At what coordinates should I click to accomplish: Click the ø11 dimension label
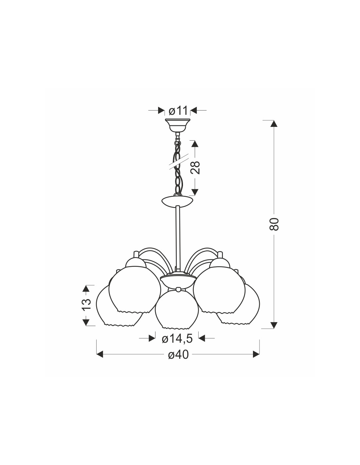(178, 111)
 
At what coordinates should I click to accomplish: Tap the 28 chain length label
(195, 168)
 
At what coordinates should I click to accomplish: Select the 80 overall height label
(274, 224)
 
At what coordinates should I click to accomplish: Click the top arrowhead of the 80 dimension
(274, 124)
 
